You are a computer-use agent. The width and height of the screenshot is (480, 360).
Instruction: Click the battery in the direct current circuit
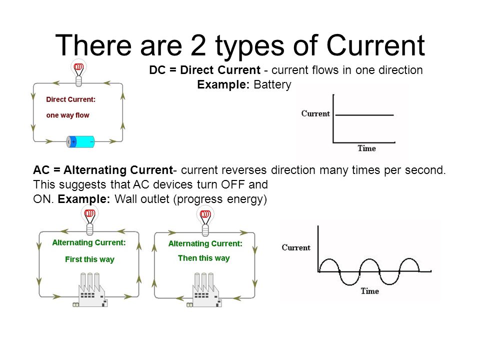[x=80, y=141]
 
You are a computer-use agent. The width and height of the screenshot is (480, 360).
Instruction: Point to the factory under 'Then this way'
[x=204, y=290]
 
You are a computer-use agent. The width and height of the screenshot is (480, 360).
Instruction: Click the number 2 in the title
[x=198, y=45]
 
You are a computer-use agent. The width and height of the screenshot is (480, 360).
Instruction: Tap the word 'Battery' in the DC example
[x=272, y=84]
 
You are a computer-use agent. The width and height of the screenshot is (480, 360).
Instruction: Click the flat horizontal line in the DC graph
[x=364, y=115]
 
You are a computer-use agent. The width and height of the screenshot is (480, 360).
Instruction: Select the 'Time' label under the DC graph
[x=366, y=148]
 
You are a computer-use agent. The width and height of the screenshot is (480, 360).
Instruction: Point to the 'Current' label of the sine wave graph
[x=296, y=247]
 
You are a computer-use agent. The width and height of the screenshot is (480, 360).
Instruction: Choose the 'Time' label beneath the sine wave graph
[x=370, y=291]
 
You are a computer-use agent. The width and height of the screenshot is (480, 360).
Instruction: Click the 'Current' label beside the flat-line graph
[x=315, y=113]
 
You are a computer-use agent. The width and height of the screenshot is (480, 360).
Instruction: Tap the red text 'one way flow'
[x=67, y=115]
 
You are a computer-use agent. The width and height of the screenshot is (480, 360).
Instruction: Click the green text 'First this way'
[x=89, y=259]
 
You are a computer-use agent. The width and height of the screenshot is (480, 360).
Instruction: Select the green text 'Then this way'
[x=204, y=258]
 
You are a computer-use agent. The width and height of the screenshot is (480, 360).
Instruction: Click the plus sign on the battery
[x=73, y=141]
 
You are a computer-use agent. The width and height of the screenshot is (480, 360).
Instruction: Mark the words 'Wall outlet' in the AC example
[x=142, y=199]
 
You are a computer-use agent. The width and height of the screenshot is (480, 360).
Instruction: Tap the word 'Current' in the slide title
[x=375, y=45]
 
